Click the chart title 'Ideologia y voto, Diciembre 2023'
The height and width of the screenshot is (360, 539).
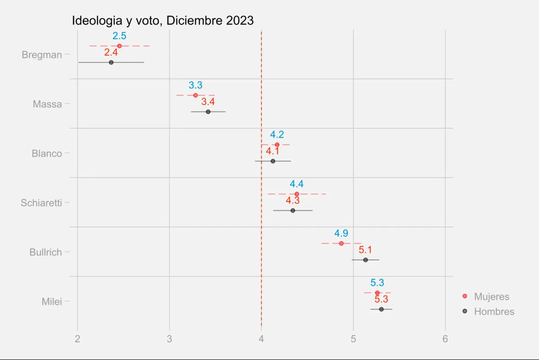coord(163,21)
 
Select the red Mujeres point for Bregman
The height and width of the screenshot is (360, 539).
coord(119,46)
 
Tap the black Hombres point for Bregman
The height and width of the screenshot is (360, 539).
coord(111,62)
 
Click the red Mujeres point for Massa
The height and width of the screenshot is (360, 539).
coord(195,95)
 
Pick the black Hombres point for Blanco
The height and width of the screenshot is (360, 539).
coord(273,161)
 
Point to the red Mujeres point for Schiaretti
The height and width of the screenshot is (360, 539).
coord(296,194)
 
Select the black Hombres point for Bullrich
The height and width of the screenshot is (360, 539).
coord(365,260)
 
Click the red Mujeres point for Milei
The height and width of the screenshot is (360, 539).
coord(377,293)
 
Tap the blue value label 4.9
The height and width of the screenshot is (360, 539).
coord(341,233)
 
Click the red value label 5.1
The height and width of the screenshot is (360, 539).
coord(365,250)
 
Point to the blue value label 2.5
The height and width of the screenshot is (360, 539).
coord(119,36)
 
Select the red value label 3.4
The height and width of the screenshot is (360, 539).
coord(208,102)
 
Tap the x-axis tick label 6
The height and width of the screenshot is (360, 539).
coord(445,339)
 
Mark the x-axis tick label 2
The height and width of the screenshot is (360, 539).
coord(78,339)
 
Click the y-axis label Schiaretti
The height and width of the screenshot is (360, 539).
coord(41,203)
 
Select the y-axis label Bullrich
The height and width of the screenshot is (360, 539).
coord(45,252)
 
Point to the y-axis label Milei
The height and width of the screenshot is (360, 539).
coord(52,302)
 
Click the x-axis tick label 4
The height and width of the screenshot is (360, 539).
coord(261,339)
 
